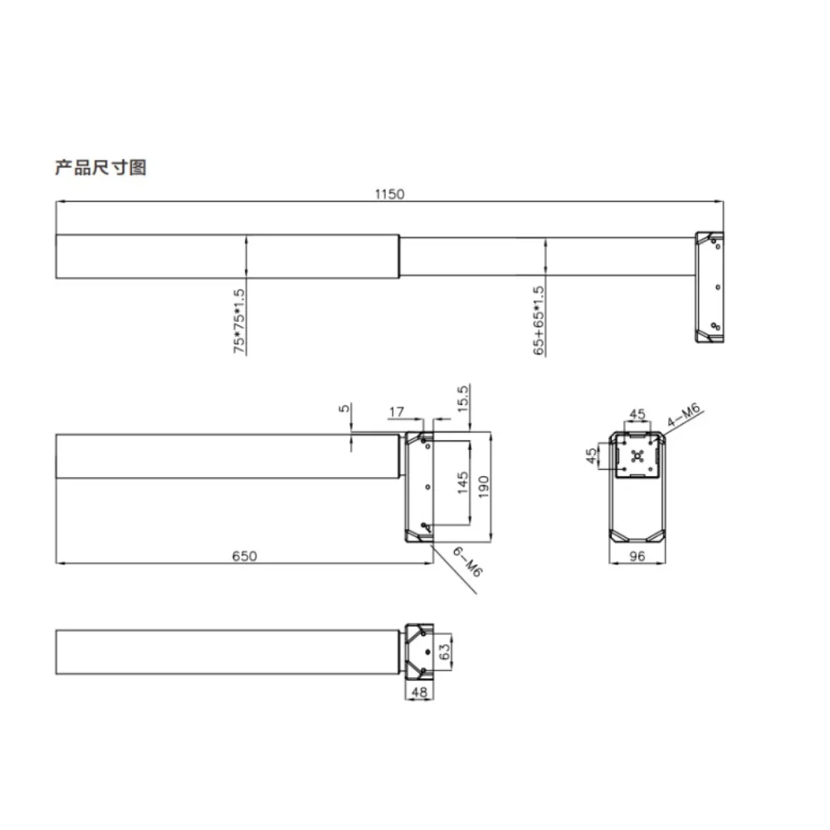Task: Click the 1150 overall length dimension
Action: [x=389, y=194]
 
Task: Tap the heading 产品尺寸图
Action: [x=100, y=168]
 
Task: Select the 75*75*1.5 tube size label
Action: [x=239, y=320]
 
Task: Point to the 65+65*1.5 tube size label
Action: [x=539, y=320]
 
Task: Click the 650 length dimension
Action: [x=245, y=556]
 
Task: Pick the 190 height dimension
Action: [x=483, y=486]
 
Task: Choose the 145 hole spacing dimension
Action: [x=462, y=483]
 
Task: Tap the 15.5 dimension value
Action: [x=462, y=398]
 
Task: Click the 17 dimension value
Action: [x=397, y=412]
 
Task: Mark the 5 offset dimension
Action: [x=344, y=408]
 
